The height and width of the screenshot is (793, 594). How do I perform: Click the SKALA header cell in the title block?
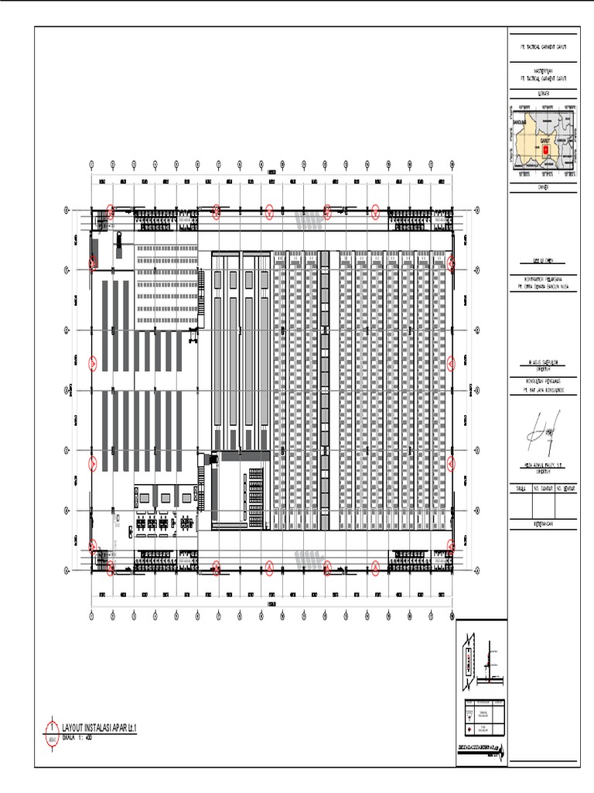point(519,489)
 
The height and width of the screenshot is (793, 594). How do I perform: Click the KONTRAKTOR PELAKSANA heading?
point(541,277)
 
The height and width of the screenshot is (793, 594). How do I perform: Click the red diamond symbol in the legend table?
point(469,730)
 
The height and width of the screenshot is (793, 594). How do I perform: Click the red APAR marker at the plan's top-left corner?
point(111,210)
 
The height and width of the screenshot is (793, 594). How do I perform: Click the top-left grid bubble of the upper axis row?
point(92,165)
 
